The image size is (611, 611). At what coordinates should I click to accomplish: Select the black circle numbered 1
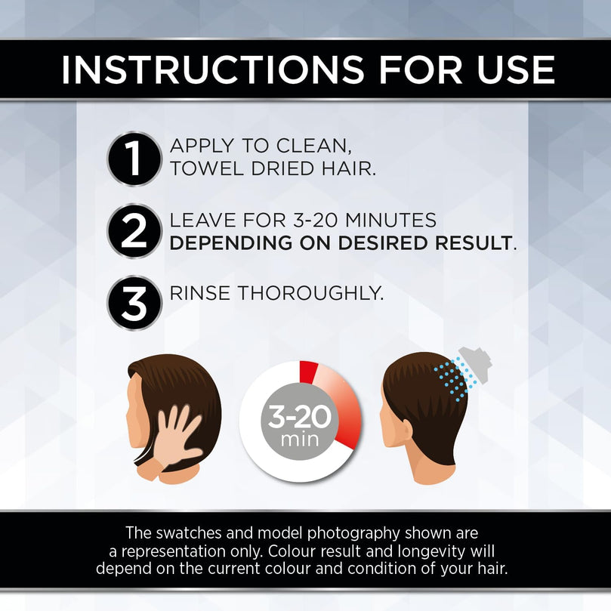click(x=134, y=159)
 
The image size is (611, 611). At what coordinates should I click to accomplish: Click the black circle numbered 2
click(x=134, y=230)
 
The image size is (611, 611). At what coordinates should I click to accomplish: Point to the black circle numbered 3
click(x=134, y=303)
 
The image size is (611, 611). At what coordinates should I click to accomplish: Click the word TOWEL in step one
click(x=207, y=168)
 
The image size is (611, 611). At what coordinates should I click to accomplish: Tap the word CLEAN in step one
click(x=313, y=146)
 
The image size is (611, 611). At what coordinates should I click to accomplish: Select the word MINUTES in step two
click(x=390, y=220)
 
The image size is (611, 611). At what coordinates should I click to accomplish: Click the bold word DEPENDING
click(x=230, y=242)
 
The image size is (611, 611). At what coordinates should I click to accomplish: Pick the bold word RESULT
click(x=474, y=242)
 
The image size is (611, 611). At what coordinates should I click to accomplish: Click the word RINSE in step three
click(x=199, y=293)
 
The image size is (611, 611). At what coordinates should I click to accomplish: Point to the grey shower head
click(x=476, y=363)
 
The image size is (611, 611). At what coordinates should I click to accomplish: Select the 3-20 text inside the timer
click(x=299, y=416)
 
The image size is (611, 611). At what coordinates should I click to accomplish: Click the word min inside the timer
click(x=300, y=440)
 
